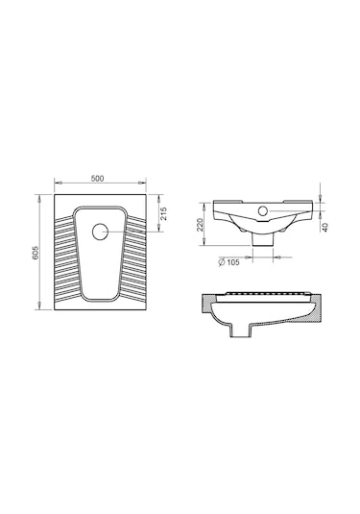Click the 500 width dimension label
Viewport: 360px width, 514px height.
(97, 179)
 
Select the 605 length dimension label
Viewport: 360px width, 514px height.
(36, 252)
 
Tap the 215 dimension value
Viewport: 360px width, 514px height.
(163, 213)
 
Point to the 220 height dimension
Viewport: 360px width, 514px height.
(200, 225)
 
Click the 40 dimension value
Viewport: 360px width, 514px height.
(324, 227)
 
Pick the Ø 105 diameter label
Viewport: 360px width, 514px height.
(229, 262)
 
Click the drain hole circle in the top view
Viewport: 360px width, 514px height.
(100, 232)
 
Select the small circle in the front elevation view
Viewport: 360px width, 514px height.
(263, 210)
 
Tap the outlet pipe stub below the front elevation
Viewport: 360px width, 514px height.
(263, 240)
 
